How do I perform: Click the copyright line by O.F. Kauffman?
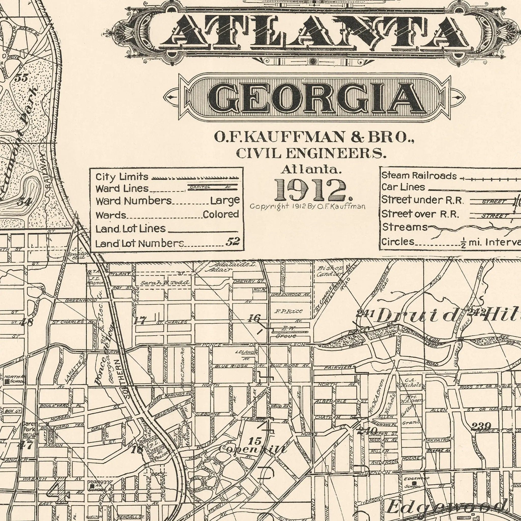pos(307,207)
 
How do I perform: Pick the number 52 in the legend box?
pos(233,242)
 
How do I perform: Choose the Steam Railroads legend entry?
pos(419,176)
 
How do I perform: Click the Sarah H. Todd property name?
pos(165,283)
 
